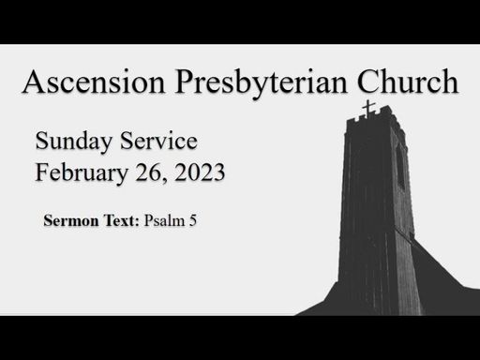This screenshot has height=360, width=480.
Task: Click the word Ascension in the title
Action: [x=94, y=82]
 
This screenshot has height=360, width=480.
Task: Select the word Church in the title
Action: [x=408, y=81]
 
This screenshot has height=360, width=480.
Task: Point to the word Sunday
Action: [x=74, y=142]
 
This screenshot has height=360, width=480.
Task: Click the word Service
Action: [x=158, y=141]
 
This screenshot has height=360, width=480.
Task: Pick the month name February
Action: [x=82, y=173]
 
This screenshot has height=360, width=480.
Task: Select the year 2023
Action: [x=200, y=172]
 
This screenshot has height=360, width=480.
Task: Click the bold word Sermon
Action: [x=71, y=220]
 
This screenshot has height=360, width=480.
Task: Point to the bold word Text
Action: [x=119, y=220]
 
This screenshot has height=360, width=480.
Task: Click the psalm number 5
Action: [x=192, y=221]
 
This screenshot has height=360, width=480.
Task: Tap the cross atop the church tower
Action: [x=368, y=110]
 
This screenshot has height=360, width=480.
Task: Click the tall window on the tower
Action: [x=400, y=167]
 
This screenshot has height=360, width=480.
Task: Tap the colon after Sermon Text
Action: [x=137, y=222]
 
